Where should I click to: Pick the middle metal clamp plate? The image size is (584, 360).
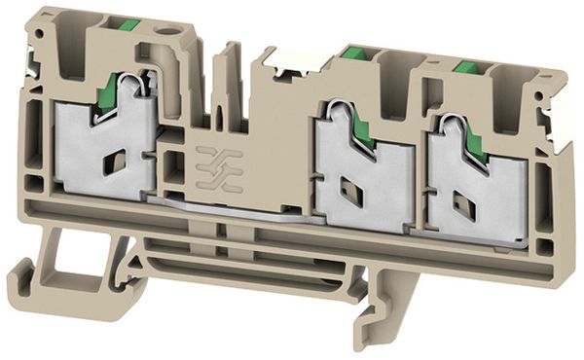pyautogui.click(x=360, y=185)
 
